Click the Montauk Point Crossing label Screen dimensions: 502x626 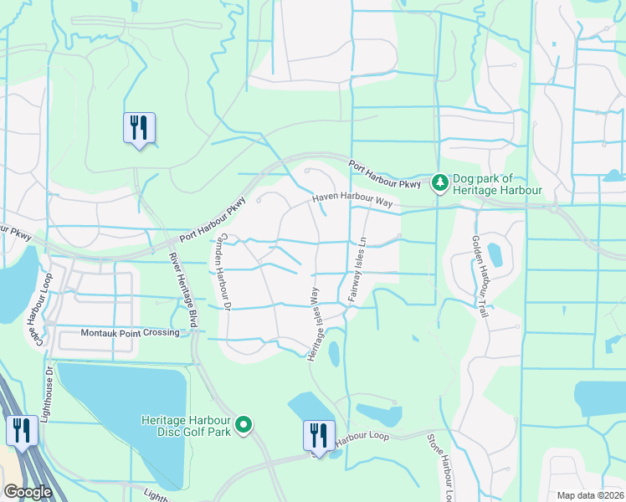130,333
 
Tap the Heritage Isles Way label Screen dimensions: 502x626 315,325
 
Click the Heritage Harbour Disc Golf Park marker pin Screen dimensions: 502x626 244,425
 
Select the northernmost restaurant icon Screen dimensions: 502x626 138,127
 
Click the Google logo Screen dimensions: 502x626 28,492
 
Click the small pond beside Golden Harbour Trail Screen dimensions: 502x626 494,254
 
